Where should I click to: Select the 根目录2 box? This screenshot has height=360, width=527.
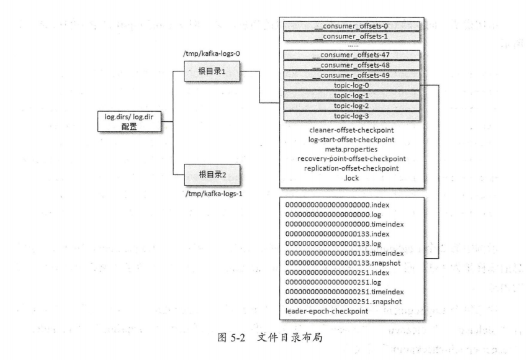click(211, 174)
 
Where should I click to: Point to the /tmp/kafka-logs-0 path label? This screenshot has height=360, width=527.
click(208, 55)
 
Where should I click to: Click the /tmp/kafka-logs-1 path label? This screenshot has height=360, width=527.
click(210, 194)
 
